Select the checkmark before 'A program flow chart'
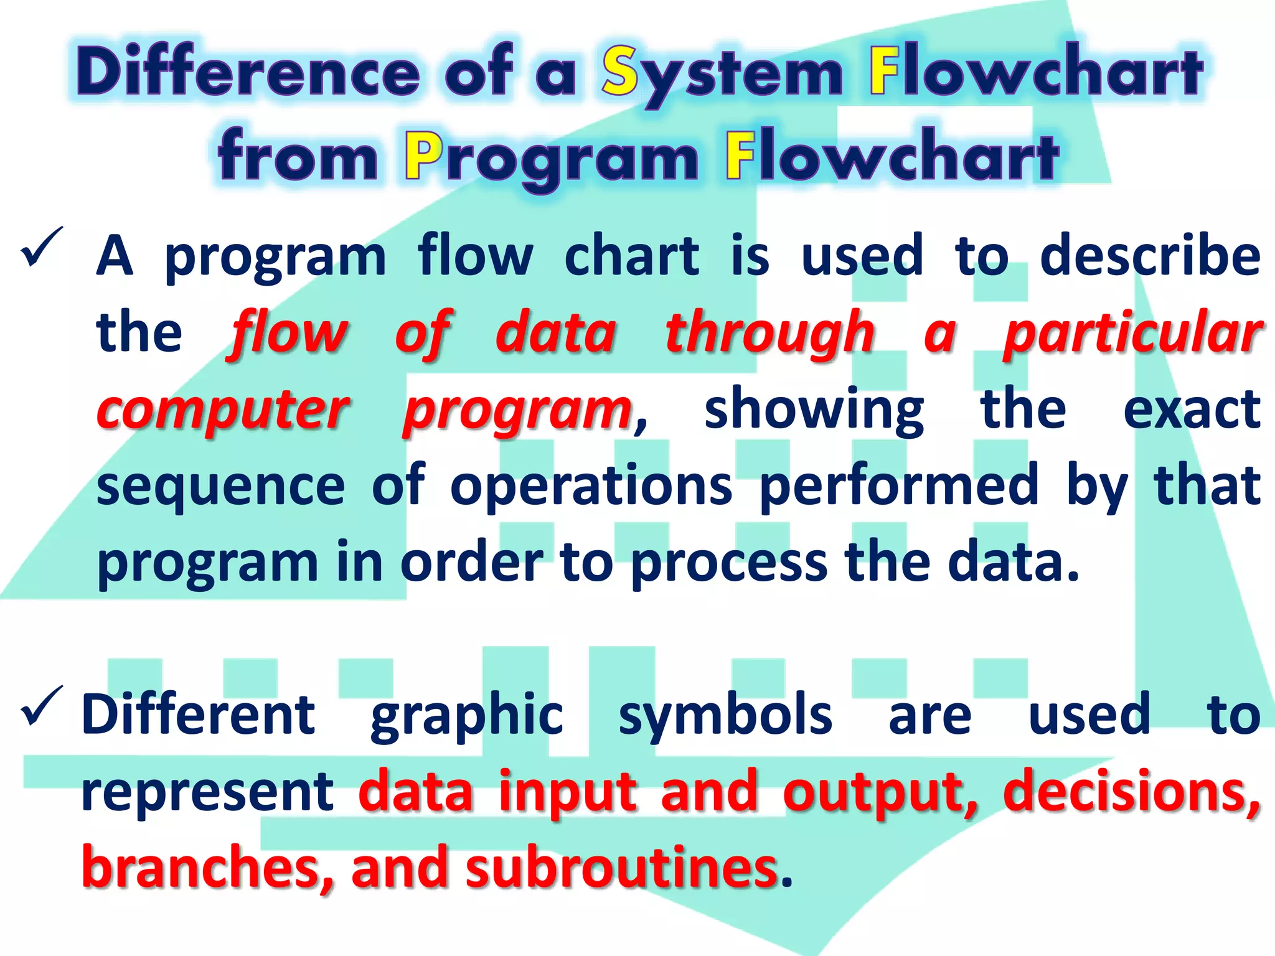click(x=42, y=247)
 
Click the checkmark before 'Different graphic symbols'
click(x=42, y=706)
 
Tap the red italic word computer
click(x=222, y=411)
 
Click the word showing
click(x=814, y=411)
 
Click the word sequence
click(x=220, y=487)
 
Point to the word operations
click(x=591, y=487)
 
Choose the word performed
click(x=899, y=487)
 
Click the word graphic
click(x=466, y=716)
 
